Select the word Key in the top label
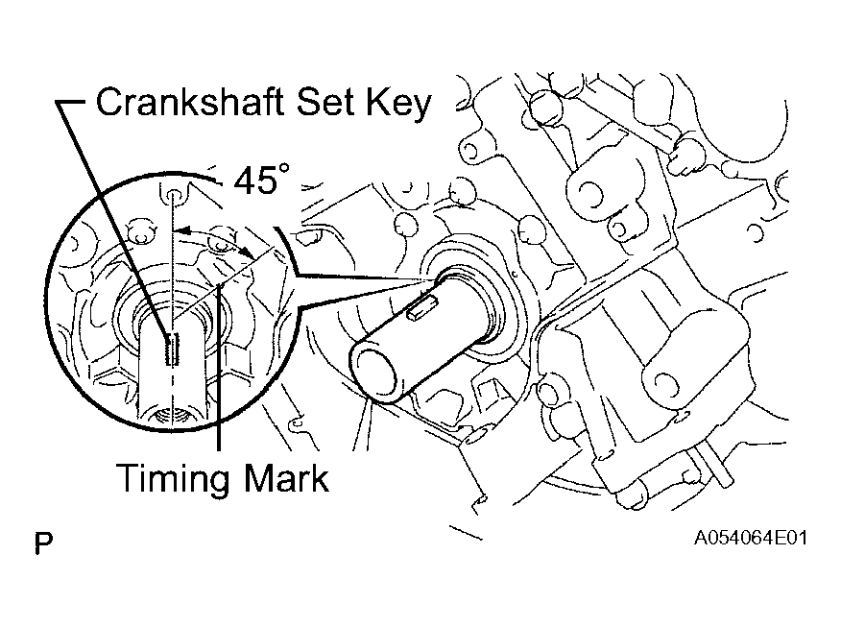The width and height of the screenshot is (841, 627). coord(398,104)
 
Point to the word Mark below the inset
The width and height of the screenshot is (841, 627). coord(286,477)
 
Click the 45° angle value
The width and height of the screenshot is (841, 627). coord(262,180)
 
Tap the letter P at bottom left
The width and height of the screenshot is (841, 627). coord(44,543)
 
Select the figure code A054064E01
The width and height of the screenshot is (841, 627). coord(751,538)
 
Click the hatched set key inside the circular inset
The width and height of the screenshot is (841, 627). coord(172,350)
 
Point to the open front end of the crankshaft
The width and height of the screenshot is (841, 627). coord(373,373)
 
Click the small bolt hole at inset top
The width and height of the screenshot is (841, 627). coord(172,196)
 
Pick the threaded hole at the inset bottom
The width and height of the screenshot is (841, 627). coord(171,415)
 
